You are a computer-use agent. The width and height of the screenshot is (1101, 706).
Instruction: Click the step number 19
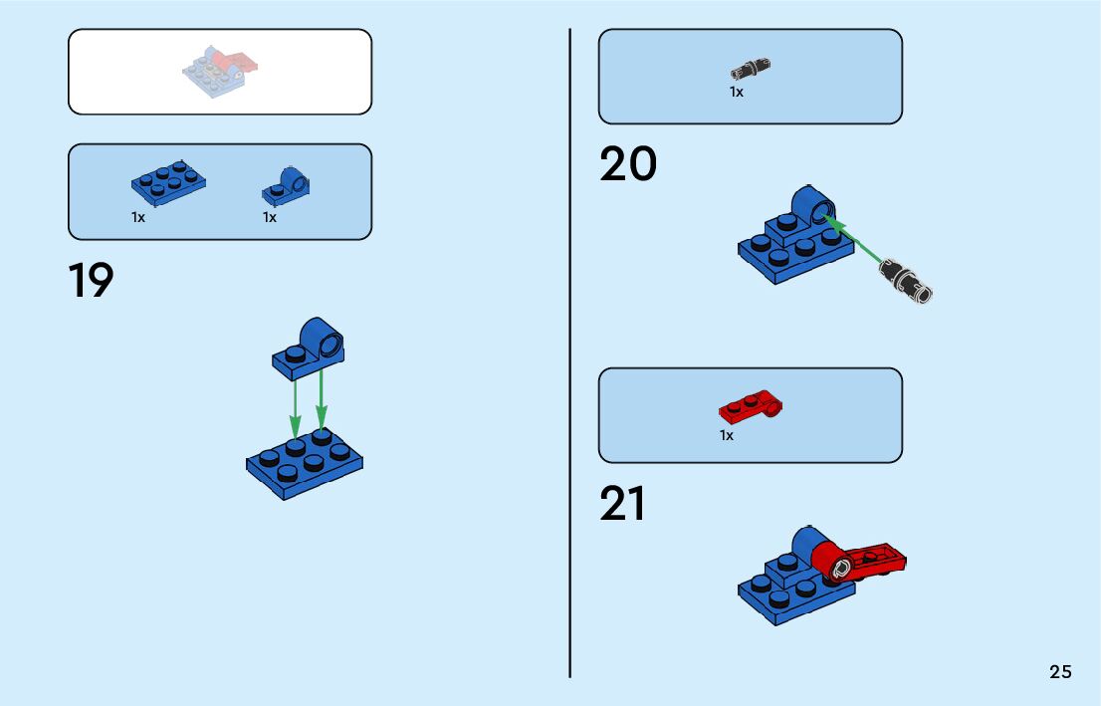click(x=92, y=282)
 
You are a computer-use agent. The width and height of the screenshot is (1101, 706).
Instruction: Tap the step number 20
click(x=628, y=165)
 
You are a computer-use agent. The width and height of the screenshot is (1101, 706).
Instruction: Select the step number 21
click(x=623, y=505)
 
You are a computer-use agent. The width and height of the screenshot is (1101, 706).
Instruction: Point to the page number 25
click(x=1060, y=672)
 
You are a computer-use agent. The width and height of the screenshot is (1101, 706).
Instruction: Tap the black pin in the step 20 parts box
click(x=751, y=70)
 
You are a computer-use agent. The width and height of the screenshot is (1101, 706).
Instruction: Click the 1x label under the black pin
click(x=737, y=92)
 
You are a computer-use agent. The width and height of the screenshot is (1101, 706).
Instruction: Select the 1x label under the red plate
click(x=727, y=435)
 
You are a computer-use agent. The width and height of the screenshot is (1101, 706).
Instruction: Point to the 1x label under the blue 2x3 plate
click(x=138, y=217)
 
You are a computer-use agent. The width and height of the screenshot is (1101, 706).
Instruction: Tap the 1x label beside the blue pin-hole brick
click(x=270, y=217)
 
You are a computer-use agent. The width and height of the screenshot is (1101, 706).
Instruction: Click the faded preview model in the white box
click(x=220, y=70)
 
